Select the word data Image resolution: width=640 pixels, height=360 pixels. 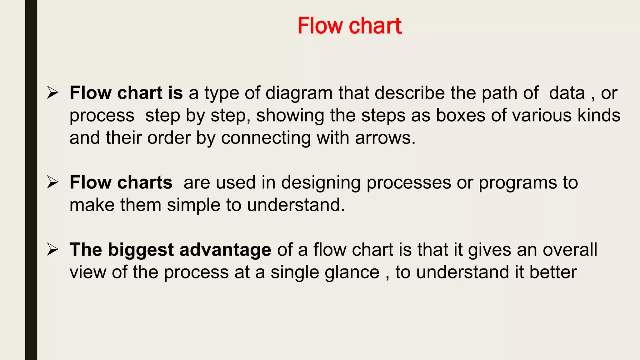coord(567,93)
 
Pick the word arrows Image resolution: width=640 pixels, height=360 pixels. coord(385,138)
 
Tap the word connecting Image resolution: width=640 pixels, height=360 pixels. coord(266,138)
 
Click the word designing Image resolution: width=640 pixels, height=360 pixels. coord(321,183)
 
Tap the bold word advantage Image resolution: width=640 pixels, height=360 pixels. coord(225,250)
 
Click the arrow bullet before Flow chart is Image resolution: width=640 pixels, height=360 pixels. coord(52,93)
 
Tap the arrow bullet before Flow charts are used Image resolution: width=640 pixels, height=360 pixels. coord(52,182)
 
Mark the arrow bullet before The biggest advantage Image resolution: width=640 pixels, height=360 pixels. coord(52,250)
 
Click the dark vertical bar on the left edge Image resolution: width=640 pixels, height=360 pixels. coord(31,180)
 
